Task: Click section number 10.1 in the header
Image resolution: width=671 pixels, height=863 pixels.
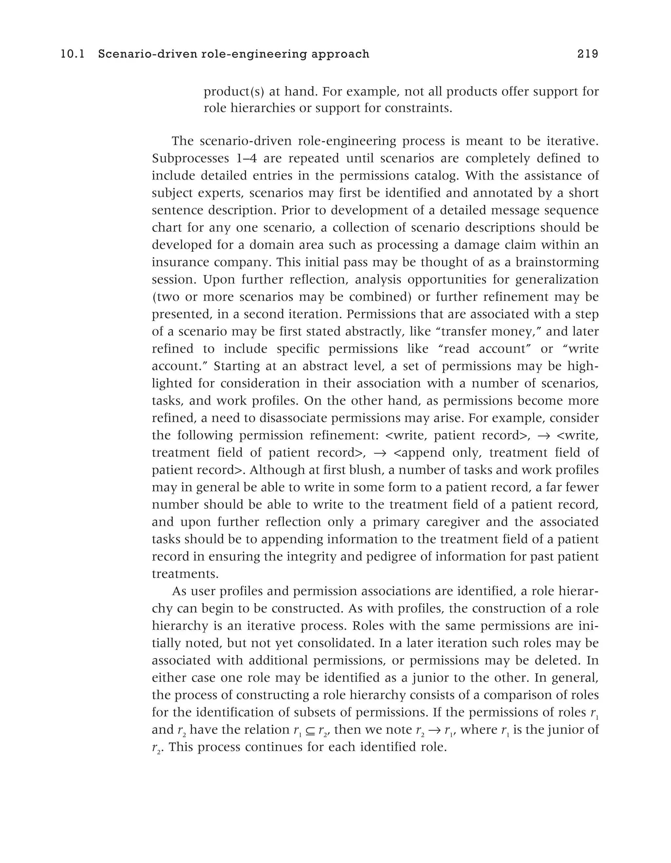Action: pos(73,54)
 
